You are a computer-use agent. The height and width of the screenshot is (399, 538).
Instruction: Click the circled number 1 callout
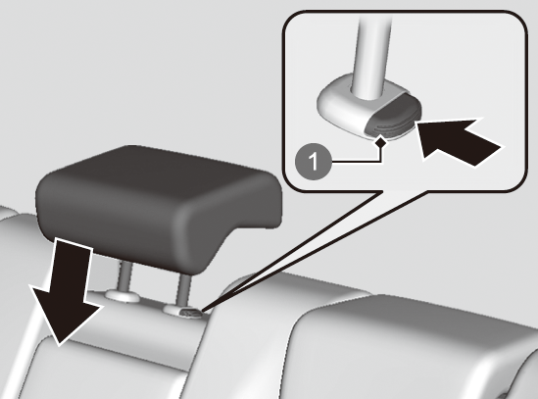(x=314, y=161)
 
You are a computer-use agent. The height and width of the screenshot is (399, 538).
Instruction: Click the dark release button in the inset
(x=393, y=117)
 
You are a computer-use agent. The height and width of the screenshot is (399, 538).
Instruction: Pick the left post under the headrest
(x=124, y=275)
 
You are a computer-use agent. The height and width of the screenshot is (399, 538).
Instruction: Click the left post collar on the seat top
(x=122, y=295)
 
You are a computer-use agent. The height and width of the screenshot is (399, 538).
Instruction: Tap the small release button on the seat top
(x=191, y=313)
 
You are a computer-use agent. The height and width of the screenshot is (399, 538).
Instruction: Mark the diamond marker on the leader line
(x=380, y=141)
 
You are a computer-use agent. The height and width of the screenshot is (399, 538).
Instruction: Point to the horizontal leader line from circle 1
(x=356, y=161)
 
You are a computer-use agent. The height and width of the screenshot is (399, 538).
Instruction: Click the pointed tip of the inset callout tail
(x=203, y=312)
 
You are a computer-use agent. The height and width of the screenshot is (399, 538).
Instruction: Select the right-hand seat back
(x=412, y=347)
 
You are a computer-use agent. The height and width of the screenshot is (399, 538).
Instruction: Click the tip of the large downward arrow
(x=59, y=344)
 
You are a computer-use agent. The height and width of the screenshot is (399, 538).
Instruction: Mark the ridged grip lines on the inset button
(x=391, y=127)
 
